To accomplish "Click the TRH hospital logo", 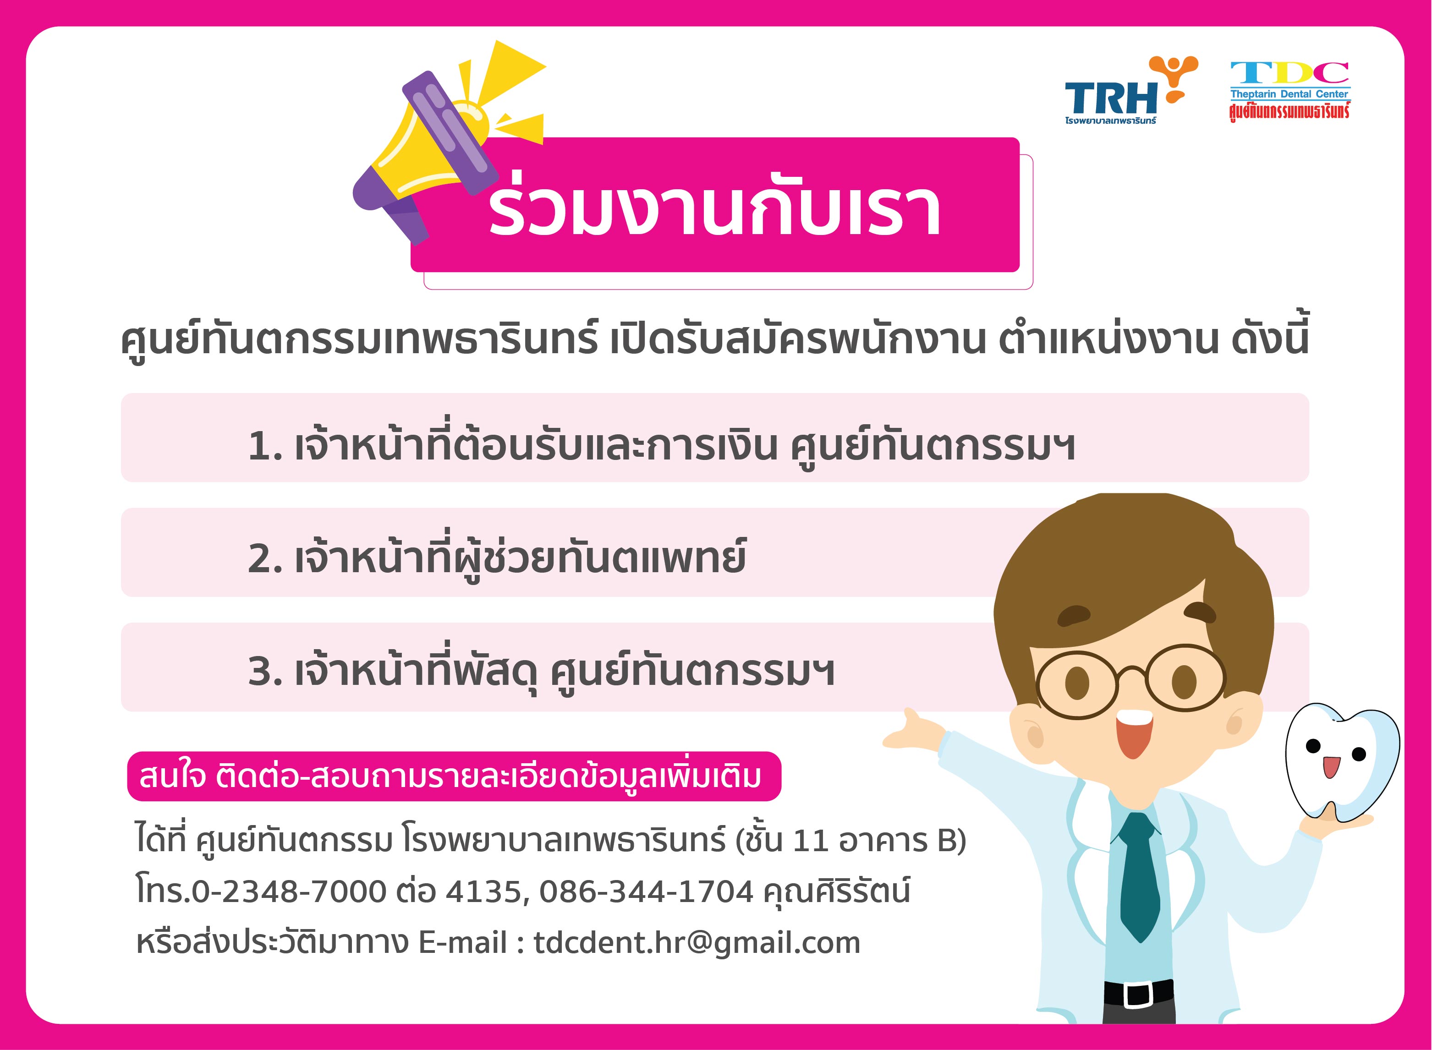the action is point(1131,90).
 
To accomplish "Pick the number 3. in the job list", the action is point(265,672).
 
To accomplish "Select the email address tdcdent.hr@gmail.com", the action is point(697,943).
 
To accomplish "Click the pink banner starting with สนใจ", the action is point(454,777).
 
